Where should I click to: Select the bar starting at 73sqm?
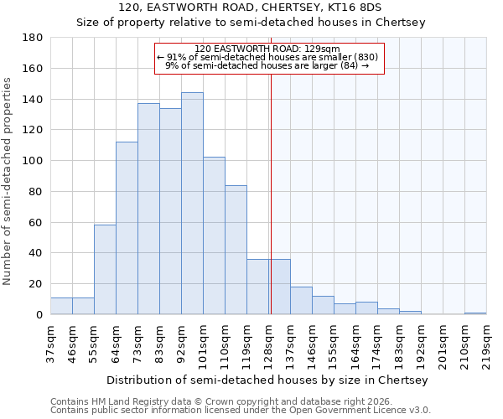pyautogui.click(x=148, y=209)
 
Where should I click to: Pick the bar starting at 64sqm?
pyautogui.click(x=127, y=228)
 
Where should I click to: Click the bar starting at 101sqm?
pyautogui.click(x=214, y=235)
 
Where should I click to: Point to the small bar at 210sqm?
pyautogui.click(x=475, y=313)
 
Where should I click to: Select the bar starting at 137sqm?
pyautogui.click(x=301, y=300)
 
